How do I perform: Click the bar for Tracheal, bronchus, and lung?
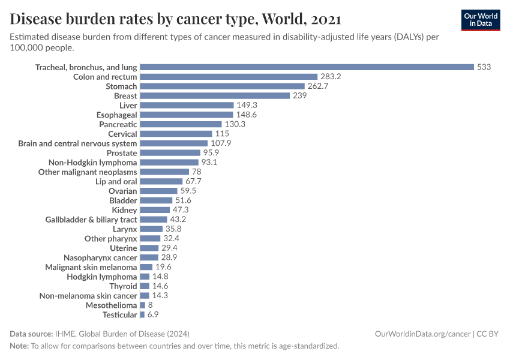click(x=307, y=67)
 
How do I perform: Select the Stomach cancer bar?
click(x=222, y=86)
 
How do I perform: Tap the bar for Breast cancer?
click(x=215, y=96)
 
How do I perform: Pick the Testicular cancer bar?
click(x=142, y=314)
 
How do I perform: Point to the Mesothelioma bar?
click(x=142, y=305)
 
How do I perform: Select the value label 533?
click(x=484, y=67)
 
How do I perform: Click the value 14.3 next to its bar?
click(x=160, y=296)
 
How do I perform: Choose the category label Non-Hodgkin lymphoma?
click(x=92, y=163)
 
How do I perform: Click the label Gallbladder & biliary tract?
click(x=91, y=220)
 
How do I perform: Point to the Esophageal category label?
click(x=116, y=115)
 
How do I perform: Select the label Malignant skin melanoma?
click(x=91, y=267)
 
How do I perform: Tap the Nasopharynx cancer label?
click(x=100, y=257)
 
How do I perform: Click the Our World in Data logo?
click(x=481, y=20)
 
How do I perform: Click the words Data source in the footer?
click(x=30, y=334)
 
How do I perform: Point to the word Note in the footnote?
click(x=19, y=346)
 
